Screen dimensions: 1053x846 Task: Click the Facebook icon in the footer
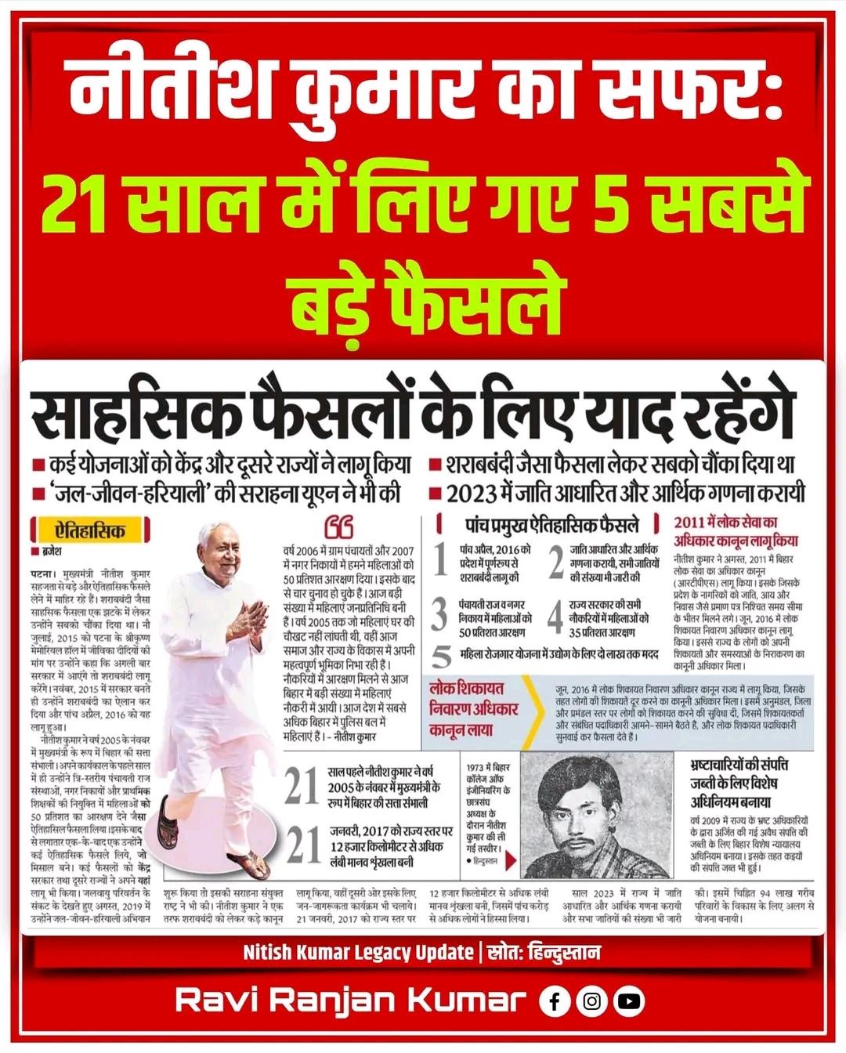pyautogui.click(x=555, y=1001)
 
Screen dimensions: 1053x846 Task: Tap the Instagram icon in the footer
pyautogui.click(x=591, y=1001)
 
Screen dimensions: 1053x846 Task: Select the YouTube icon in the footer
pyautogui.click(x=629, y=1001)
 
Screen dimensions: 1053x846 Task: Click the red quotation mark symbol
pyautogui.click(x=338, y=526)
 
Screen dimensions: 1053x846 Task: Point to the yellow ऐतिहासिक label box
pyautogui.click(x=90, y=531)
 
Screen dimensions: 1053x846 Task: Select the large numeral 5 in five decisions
pyautogui.click(x=443, y=656)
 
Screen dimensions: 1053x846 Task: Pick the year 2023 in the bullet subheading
pyautogui.click(x=473, y=494)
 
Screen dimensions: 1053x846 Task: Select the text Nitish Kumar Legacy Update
pyautogui.click(x=357, y=953)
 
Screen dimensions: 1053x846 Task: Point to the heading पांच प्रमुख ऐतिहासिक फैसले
pyautogui.click(x=551, y=524)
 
